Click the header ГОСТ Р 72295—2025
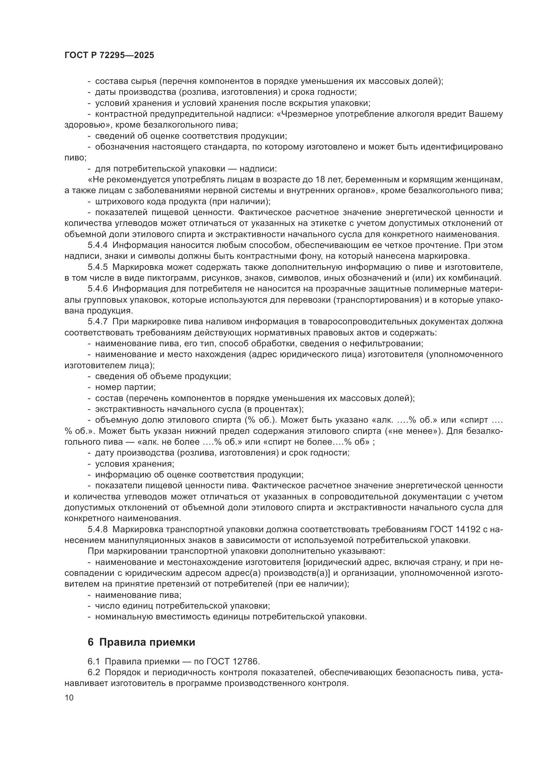point(109,55)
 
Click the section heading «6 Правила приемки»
point(141,642)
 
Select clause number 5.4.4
point(97,245)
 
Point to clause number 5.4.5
point(97,267)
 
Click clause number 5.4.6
point(97,289)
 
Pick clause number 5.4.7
point(97,322)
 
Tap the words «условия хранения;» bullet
point(134,464)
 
